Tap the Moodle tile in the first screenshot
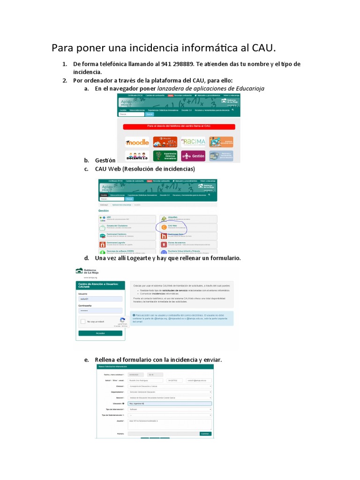tap(137, 142)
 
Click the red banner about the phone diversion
tap(179, 127)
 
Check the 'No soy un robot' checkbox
tap(82, 322)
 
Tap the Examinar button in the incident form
tap(205, 434)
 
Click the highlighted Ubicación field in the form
tap(169, 403)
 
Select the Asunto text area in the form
tap(169, 424)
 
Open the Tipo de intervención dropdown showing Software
tap(169, 409)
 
